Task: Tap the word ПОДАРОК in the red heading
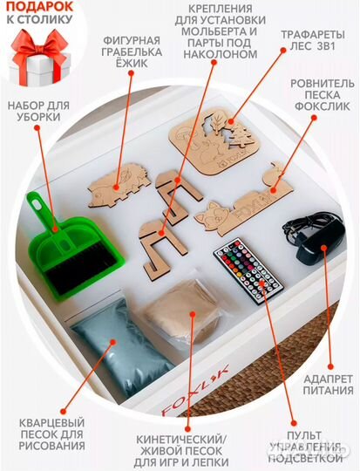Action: click(39, 7)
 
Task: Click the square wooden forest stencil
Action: click(214, 140)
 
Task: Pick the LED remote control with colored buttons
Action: click(248, 270)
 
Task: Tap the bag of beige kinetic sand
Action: click(181, 312)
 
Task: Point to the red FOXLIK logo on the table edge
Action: click(195, 391)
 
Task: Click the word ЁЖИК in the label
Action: click(132, 64)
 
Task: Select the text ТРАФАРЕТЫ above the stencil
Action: click(313, 35)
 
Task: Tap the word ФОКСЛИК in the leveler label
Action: click(322, 106)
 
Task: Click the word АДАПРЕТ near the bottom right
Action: click(328, 379)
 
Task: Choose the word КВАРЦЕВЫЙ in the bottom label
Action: click(51, 423)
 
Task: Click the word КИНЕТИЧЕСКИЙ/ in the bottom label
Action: click(180, 440)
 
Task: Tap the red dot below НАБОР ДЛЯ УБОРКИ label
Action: click(37, 128)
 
